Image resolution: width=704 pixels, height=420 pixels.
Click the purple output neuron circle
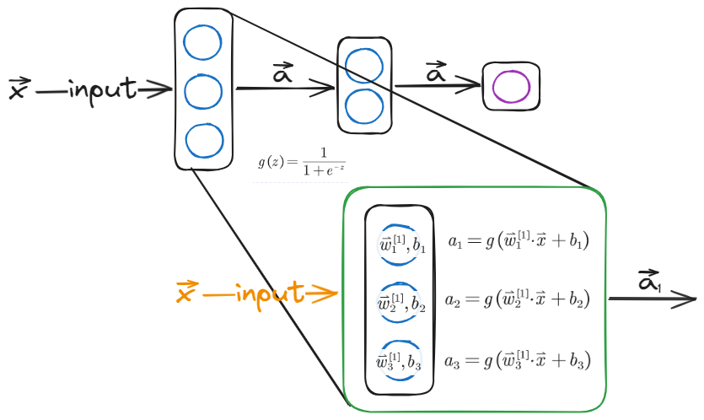tap(511, 86)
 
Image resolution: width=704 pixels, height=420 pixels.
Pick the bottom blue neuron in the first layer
tap(202, 140)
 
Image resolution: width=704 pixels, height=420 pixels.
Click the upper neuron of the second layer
tap(364, 65)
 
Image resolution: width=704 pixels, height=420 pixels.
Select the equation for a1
tap(517, 241)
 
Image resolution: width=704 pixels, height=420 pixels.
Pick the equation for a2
tap(517, 299)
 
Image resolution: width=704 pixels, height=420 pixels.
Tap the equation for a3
tap(517, 360)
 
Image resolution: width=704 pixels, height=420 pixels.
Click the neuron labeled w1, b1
tap(400, 244)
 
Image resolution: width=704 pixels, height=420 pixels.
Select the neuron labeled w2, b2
tap(400, 303)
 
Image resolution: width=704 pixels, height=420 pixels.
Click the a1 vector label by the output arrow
tap(649, 281)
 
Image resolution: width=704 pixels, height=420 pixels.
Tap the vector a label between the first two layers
tap(283, 73)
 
